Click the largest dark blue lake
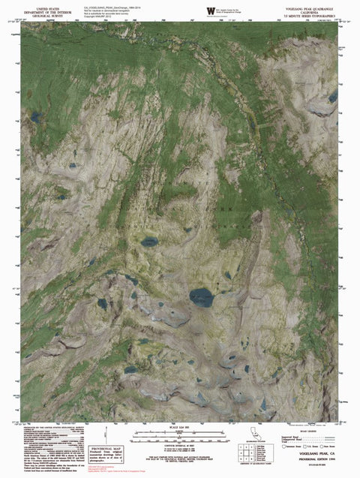click(201, 297)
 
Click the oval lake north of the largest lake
click(150, 242)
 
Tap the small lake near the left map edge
click(35, 117)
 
